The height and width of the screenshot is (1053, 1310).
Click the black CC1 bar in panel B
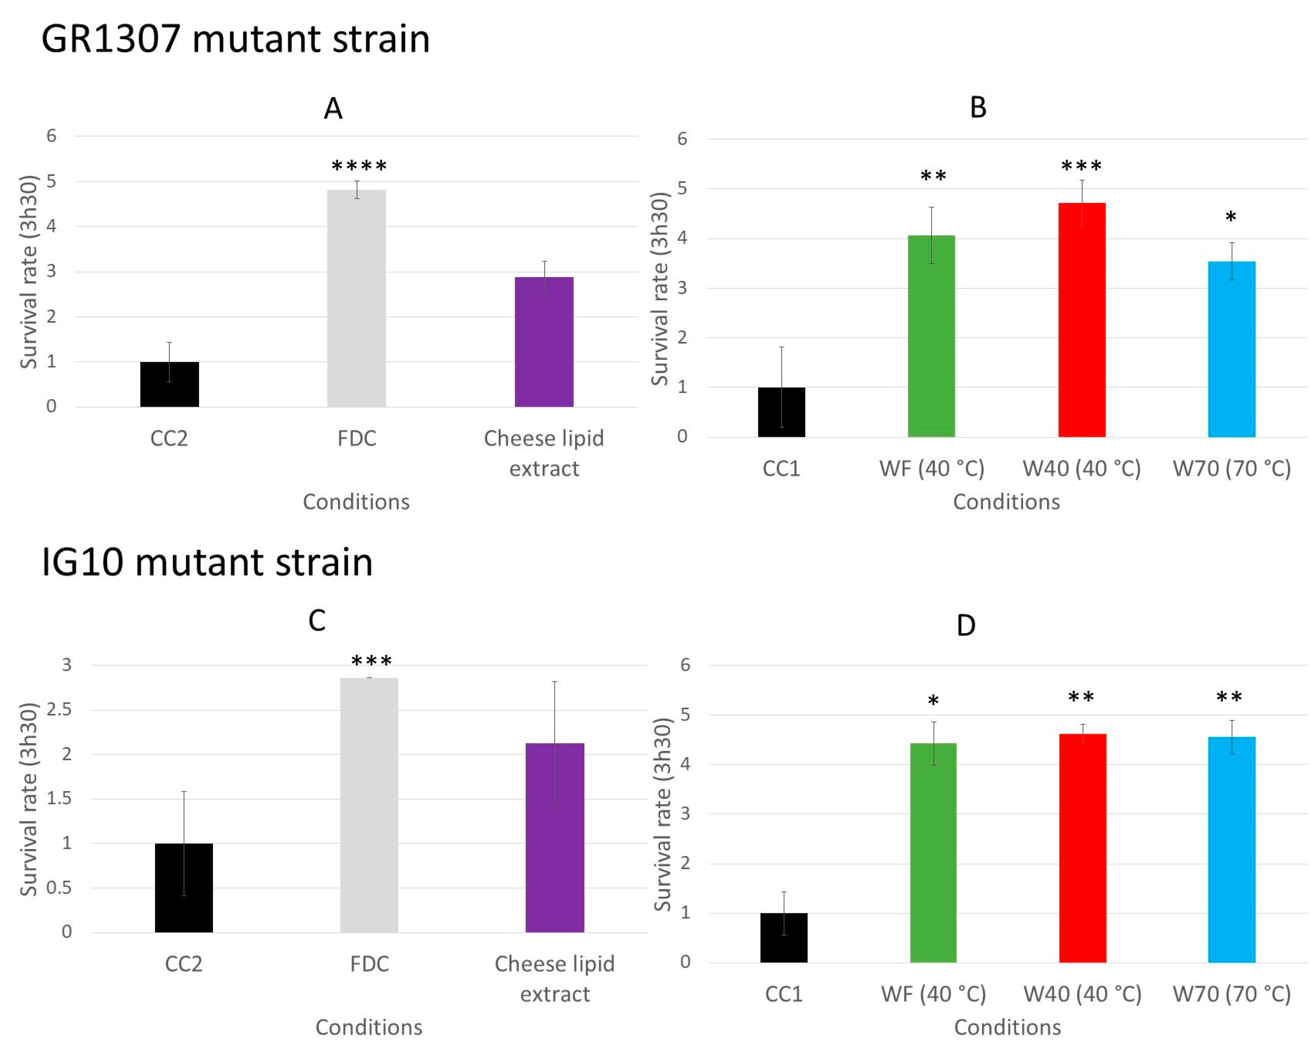(x=781, y=412)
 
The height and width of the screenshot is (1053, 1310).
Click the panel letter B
(x=977, y=108)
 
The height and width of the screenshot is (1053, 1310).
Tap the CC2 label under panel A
(x=169, y=438)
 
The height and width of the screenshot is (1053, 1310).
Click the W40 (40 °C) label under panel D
(x=1082, y=994)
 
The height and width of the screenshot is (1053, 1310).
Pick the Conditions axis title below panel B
(x=1006, y=502)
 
